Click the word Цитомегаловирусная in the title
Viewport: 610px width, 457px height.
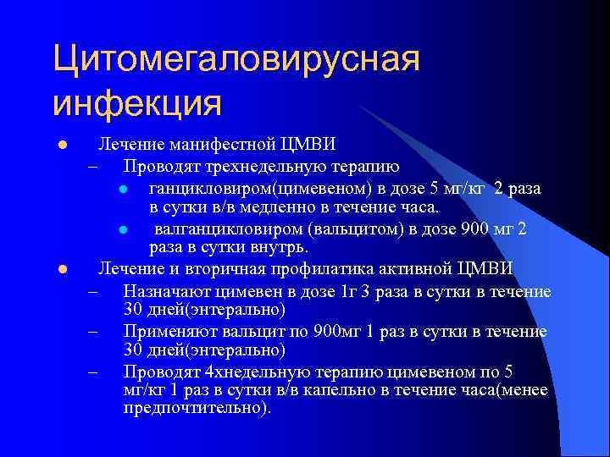(236, 62)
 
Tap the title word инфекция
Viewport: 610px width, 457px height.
(136, 104)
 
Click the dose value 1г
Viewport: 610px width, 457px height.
(347, 292)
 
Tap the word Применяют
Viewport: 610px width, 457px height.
(164, 333)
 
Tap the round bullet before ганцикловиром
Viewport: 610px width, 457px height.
(124, 188)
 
